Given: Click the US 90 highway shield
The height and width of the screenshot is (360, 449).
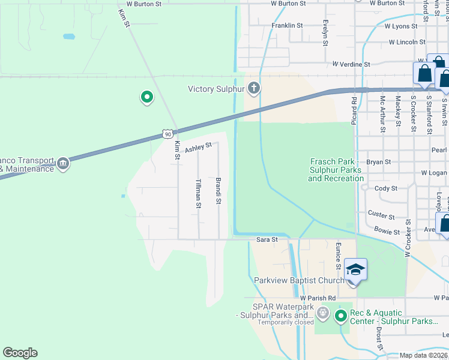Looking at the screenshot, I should [x=169, y=134].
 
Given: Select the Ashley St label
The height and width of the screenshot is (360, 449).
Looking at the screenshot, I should [x=198, y=147].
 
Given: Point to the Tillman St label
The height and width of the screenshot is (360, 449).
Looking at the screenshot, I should [x=198, y=193].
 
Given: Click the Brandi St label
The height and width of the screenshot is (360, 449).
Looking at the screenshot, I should [x=218, y=190].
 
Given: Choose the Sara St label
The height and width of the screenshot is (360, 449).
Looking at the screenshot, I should [x=267, y=239].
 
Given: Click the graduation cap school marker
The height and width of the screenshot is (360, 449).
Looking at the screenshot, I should [x=355, y=270].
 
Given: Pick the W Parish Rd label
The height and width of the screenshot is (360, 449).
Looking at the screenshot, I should [x=318, y=298].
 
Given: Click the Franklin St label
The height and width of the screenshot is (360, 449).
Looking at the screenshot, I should [x=287, y=26].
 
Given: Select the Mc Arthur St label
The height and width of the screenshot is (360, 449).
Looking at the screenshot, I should [x=382, y=113].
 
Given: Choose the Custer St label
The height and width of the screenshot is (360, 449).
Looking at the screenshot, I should [x=381, y=216].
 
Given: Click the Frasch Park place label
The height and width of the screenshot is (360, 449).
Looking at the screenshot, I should [x=337, y=170].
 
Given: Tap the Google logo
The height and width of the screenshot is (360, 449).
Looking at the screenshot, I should [x=20, y=353].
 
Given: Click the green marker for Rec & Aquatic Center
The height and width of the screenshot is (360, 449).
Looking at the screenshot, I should [x=341, y=315].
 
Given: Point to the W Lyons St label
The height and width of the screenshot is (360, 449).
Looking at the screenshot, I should [x=405, y=26].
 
